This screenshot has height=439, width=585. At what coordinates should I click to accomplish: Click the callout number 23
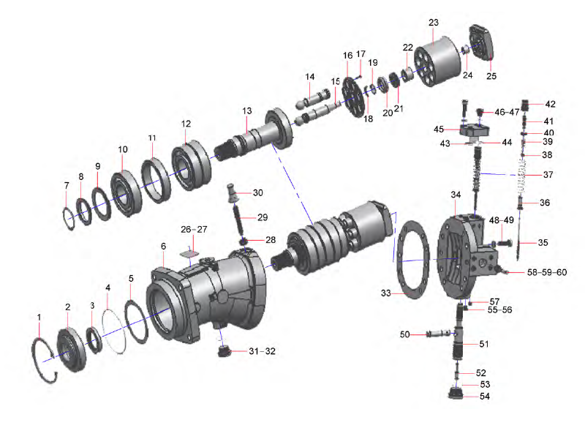click(433, 23)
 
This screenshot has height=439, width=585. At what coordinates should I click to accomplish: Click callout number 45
click(439, 130)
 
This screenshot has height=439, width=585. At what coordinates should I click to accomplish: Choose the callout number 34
click(456, 195)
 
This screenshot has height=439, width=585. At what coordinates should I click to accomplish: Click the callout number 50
click(404, 334)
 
